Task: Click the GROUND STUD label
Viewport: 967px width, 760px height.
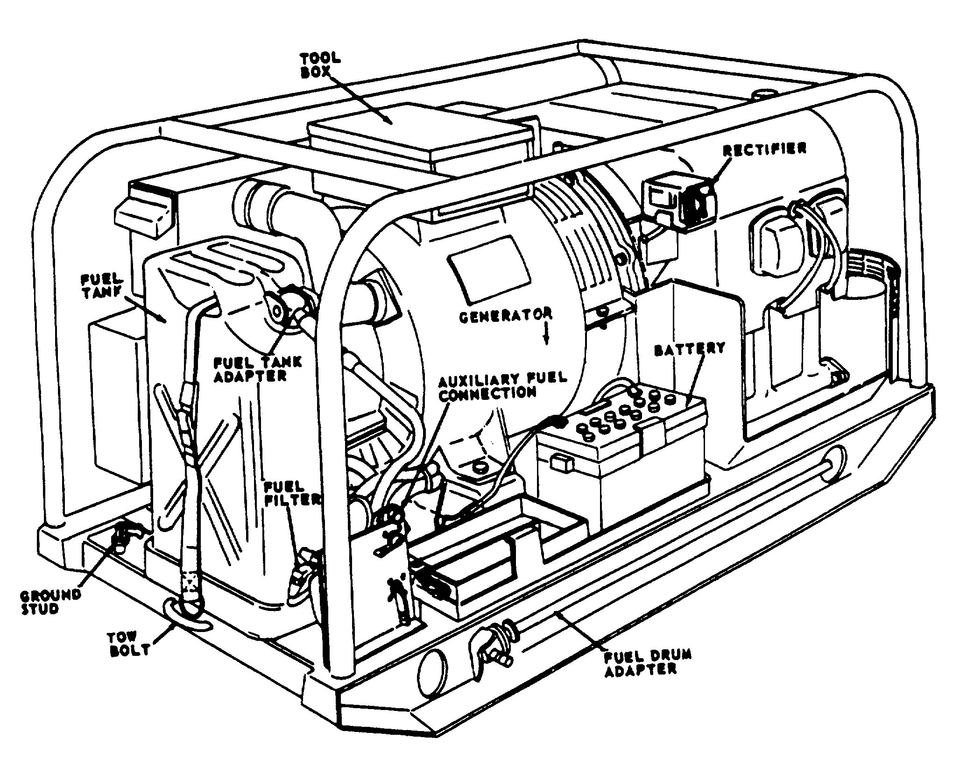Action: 50,602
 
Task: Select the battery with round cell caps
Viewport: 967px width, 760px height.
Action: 621,448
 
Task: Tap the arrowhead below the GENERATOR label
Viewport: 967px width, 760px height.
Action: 547,340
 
